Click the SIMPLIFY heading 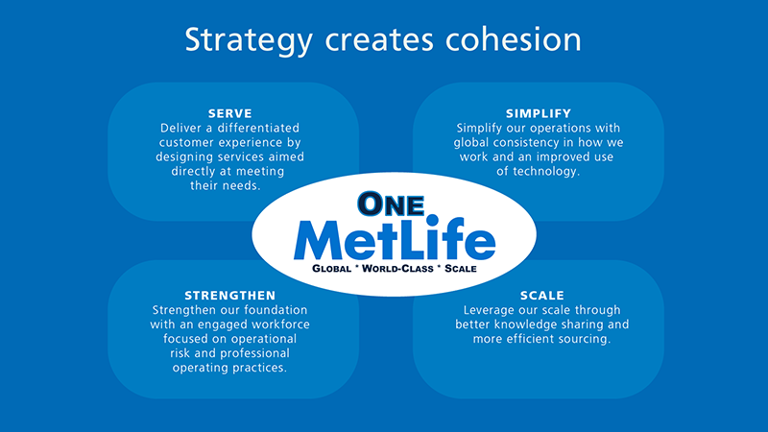click(x=538, y=113)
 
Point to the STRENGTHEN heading click(x=229, y=295)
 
